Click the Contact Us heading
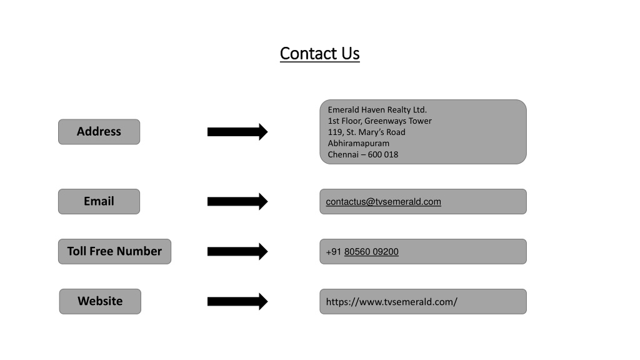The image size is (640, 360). [x=319, y=54]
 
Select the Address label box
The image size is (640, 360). [x=99, y=132]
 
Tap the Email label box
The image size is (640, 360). [x=99, y=201]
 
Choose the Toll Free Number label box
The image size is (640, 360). [x=115, y=251]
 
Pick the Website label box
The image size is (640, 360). [x=100, y=302]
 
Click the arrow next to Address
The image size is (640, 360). [x=237, y=132]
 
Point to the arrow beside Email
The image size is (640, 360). [x=237, y=201]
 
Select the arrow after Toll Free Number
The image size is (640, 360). [x=237, y=251]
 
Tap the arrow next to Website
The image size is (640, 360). [x=237, y=302]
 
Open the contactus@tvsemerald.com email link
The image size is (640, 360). [x=383, y=202]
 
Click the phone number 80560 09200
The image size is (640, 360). [x=371, y=252]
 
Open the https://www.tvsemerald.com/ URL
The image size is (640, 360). [x=391, y=302]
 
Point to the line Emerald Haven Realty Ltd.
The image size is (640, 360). [x=377, y=110]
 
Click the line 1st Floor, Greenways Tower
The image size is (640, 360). [x=379, y=121]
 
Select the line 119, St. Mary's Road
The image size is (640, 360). [x=366, y=132]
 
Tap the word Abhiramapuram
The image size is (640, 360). [x=358, y=143]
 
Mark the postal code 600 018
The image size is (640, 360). [x=383, y=155]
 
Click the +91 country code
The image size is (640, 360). [x=334, y=252]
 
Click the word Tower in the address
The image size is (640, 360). [x=420, y=121]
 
